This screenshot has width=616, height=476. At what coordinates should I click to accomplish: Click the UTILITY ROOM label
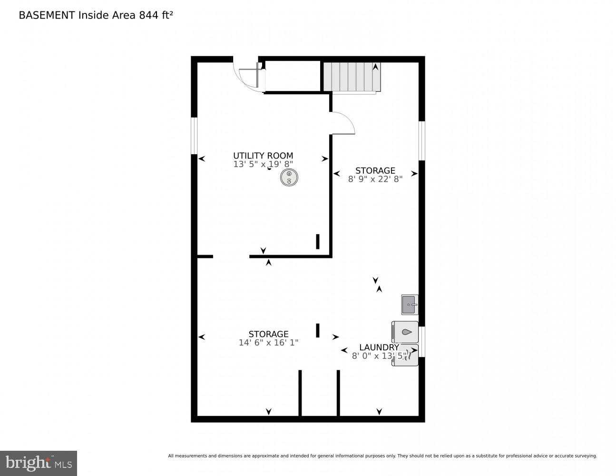click(263, 156)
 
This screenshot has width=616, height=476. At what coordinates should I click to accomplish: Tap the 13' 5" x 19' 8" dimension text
click(263, 164)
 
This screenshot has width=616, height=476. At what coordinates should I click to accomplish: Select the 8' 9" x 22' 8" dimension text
click(375, 179)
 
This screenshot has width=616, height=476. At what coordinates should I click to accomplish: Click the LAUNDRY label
click(379, 347)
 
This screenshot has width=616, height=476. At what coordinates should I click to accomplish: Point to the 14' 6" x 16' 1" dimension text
click(268, 342)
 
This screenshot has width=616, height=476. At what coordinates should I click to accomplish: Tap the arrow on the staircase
click(376, 67)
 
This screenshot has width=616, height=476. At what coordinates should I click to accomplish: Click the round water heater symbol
click(289, 178)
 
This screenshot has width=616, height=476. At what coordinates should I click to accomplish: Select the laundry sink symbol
click(410, 305)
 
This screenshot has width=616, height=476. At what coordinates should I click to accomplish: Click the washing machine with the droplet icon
click(405, 332)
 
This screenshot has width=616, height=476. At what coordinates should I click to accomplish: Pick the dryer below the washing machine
click(405, 356)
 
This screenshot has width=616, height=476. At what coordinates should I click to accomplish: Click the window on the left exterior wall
click(194, 136)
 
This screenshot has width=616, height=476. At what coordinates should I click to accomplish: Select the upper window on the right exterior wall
click(421, 140)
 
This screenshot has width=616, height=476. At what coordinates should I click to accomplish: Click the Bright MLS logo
click(38, 463)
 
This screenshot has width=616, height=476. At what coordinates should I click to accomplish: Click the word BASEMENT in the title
click(47, 15)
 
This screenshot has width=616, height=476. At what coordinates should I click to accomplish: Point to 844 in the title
click(148, 15)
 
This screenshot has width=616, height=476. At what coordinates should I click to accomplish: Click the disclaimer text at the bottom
click(382, 456)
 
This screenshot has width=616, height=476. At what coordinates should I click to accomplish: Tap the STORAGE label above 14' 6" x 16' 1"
click(268, 334)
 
